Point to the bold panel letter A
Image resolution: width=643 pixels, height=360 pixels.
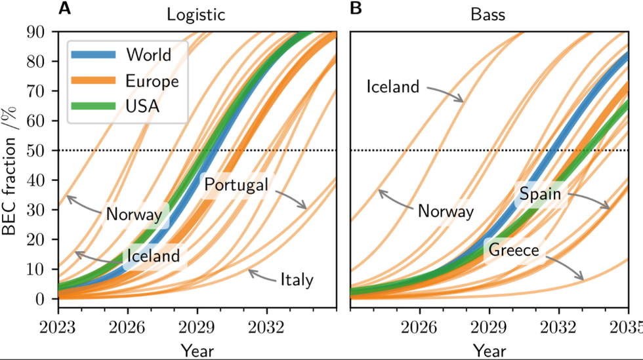point(64,9)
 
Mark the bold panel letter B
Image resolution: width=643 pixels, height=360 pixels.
point(356,9)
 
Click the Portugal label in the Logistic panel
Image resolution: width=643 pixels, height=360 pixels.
point(236,185)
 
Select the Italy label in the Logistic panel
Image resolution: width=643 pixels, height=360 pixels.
point(296,280)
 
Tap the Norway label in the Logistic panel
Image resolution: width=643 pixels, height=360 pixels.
point(134,214)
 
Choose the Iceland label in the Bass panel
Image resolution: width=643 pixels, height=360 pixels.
point(392,86)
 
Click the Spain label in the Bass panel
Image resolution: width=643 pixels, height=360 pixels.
point(540,194)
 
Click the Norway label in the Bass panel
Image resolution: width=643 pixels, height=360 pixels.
point(446,211)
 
